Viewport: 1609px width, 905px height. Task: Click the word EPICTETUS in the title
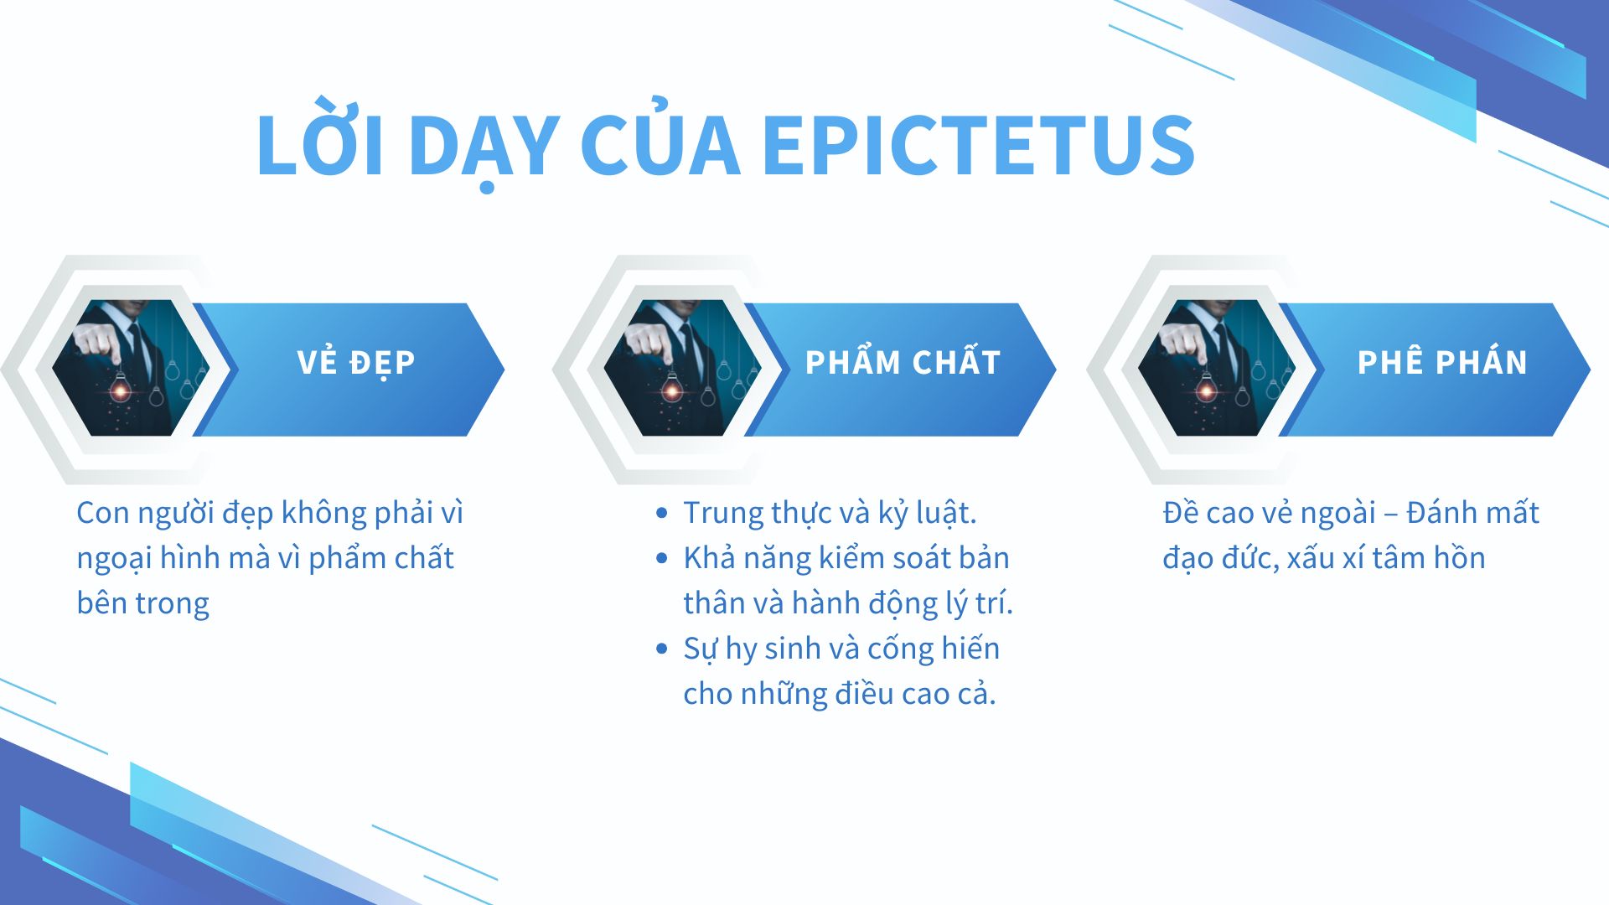pos(979,145)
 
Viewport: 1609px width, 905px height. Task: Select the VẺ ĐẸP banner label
pos(356,362)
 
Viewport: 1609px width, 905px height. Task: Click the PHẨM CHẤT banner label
pos(903,362)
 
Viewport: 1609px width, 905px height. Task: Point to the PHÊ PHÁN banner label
pos(1442,362)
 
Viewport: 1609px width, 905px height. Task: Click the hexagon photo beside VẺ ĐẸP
pos(130,368)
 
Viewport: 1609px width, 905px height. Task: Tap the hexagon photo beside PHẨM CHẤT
pos(682,368)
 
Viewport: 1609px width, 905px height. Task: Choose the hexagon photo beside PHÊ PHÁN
pos(1216,368)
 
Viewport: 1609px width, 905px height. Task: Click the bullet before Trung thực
pos(662,513)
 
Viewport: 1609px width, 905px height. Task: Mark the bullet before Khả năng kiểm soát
pos(662,558)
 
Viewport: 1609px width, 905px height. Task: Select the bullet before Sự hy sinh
pos(662,649)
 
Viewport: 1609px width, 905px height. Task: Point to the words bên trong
pos(142,603)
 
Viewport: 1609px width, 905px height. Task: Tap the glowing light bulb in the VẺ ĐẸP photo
pos(121,390)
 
